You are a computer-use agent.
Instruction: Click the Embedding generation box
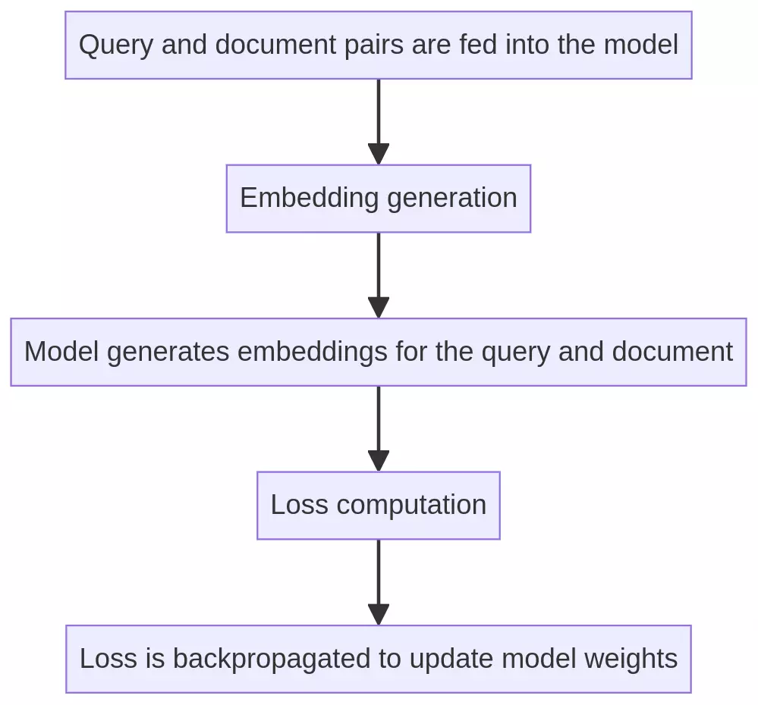[x=378, y=199]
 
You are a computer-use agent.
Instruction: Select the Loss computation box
[x=378, y=506]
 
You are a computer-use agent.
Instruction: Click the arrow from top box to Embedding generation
[x=378, y=121]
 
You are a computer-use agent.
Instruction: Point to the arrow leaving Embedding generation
[x=378, y=274]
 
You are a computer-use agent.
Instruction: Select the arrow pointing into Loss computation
[x=378, y=428]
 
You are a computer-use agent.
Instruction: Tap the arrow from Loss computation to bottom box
[x=378, y=582]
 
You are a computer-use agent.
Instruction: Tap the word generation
[x=451, y=199]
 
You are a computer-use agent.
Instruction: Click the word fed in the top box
[x=475, y=45]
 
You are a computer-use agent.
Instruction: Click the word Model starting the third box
[x=61, y=352]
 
